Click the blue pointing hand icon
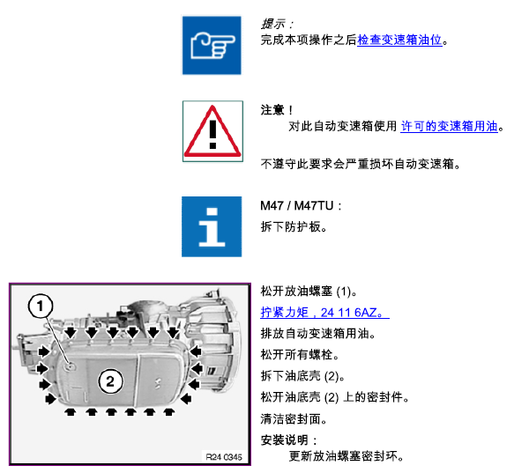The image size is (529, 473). pyautogui.click(x=212, y=45)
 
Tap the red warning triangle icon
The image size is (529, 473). pyautogui.click(x=212, y=131)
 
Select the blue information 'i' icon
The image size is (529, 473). pyautogui.click(x=212, y=226)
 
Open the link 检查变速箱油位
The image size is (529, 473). pyautogui.click(x=399, y=41)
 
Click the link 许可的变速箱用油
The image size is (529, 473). pyautogui.click(x=449, y=126)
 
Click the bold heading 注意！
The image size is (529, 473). pyautogui.click(x=277, y=110)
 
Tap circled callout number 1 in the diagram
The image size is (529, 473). pyautogui.click(x=41, y=307)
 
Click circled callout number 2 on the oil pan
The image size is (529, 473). pyautogui.click(x=110, y=381)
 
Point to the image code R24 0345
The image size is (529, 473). pyautogui.click(x=224, y=457)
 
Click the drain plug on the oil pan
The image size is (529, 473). pyautogui.click(x=71, y=366)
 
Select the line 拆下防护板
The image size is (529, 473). pyautogui.click(x=294, y=226)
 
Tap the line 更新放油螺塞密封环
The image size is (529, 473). pyautogui.click(x=346, y=456)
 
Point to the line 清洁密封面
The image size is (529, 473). pyautogui.click(x=294, y=419)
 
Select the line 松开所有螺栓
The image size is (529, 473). pyautogui.click(x=300, y=355)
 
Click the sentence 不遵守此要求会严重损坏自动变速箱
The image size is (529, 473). pyautogui.click(x=361, y=164)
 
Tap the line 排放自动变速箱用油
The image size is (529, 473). pyautogui.click(x=317, y=334)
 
